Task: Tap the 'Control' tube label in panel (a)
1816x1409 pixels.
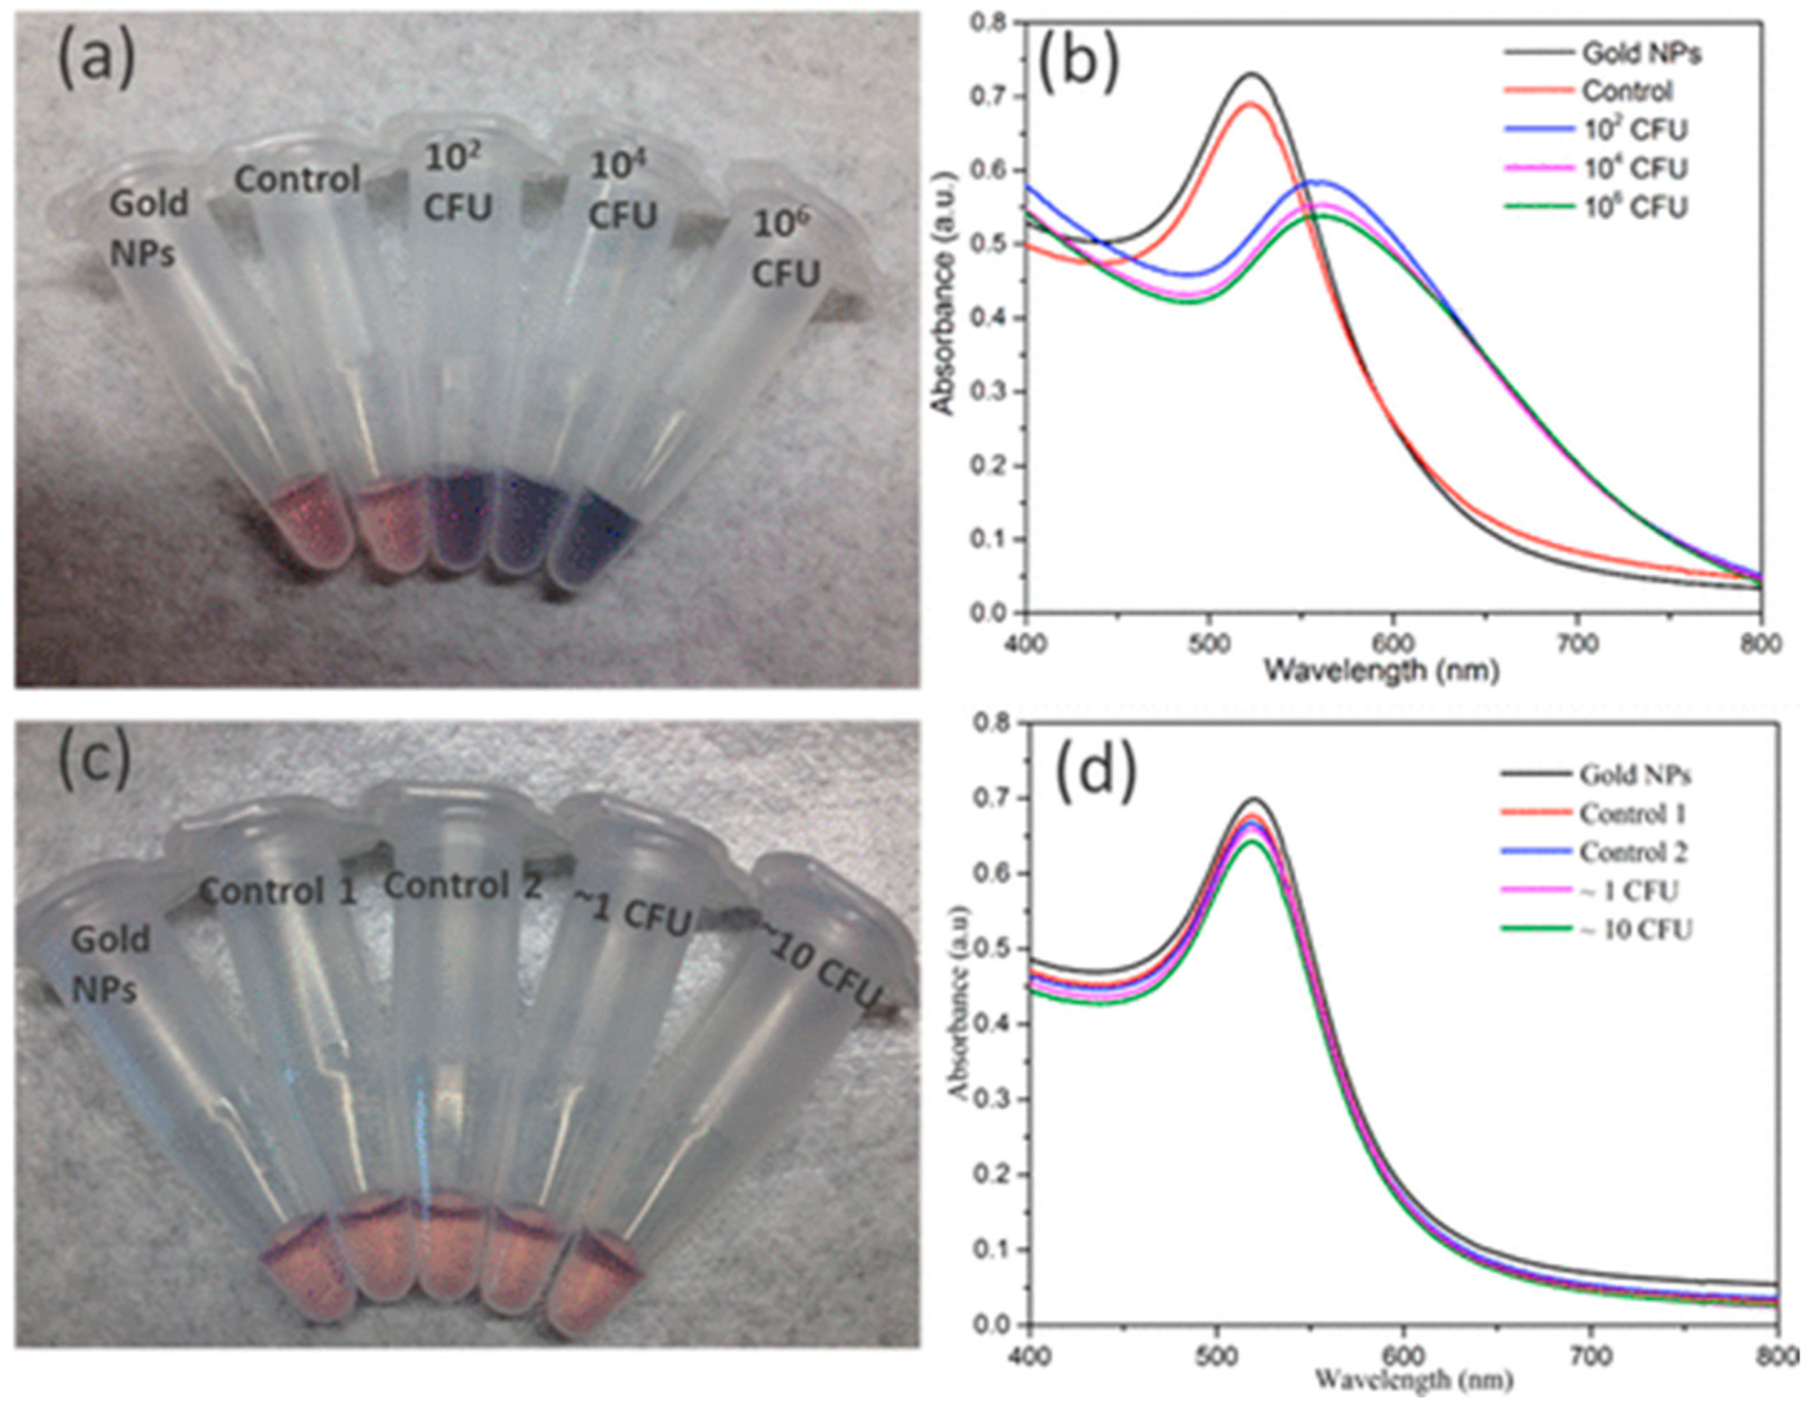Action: click(297, 179)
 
